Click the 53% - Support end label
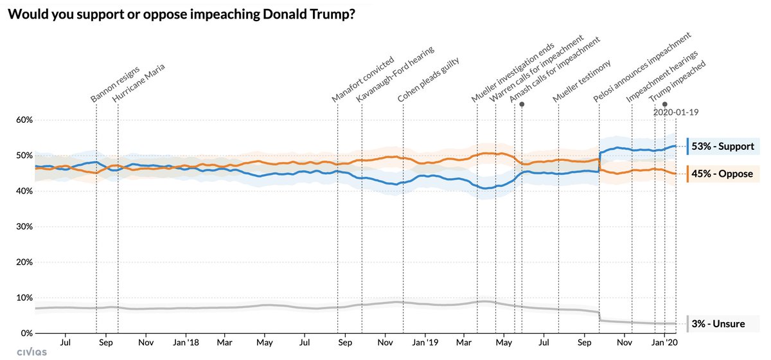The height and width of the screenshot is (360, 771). [722, 147]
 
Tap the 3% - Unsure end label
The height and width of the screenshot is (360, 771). [718, 324]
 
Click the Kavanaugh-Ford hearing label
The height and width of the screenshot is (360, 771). [395, 73]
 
